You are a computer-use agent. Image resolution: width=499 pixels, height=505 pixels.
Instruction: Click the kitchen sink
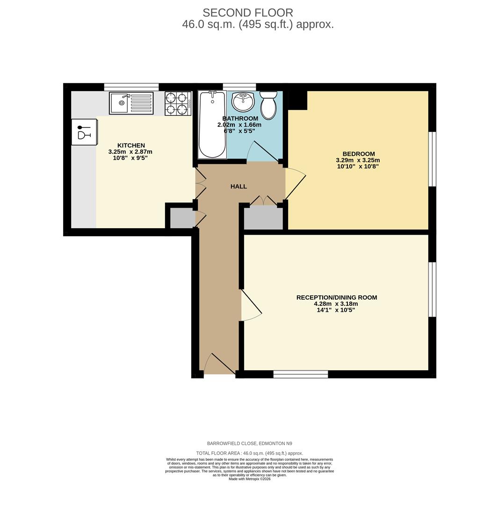click(131, 103)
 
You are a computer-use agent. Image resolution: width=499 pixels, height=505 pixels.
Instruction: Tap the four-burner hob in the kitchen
click(178, 103)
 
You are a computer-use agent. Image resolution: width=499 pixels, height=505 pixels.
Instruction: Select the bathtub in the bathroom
click(212, 125)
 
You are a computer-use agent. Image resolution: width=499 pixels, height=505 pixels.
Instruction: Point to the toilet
click(268, 105)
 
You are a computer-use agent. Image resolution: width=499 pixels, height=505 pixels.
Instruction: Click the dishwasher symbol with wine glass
click(84, 132)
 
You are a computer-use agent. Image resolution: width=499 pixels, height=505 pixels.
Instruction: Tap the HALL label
click(239, 187)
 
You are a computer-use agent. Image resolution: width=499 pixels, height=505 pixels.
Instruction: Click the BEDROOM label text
click(358, 154)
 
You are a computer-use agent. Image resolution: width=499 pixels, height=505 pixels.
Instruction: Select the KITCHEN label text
click(131, 145)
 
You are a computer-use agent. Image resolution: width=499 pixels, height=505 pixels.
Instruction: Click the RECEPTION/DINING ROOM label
click(336, 297)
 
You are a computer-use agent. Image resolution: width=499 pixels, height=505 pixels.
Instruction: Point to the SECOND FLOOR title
click(248, 13)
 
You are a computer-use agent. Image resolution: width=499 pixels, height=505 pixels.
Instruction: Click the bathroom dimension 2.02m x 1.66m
click(239, 125)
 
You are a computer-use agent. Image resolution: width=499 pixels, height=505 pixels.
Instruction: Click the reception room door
click(251, 306)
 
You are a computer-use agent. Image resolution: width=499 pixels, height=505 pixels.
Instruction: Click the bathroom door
click(262, 151)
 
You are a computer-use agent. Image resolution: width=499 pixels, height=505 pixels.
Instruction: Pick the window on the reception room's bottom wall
click(300, 374)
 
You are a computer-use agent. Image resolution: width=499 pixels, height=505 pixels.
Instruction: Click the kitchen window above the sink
click(131, 87)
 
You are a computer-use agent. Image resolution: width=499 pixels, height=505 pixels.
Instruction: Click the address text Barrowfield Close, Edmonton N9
click(249, 443)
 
